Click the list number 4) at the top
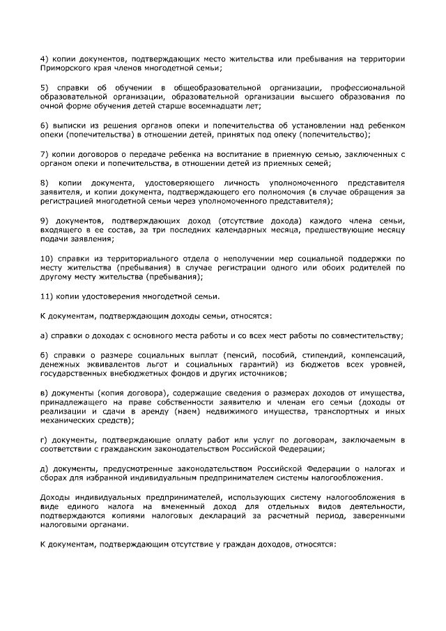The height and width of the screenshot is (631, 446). tap(44, 57)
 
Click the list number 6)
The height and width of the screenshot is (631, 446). tap(44, 125)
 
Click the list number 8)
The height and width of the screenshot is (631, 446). tap(44, 182)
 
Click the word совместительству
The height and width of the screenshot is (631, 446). tap(364, 335)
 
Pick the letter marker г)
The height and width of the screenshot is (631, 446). tap(43, 441)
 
